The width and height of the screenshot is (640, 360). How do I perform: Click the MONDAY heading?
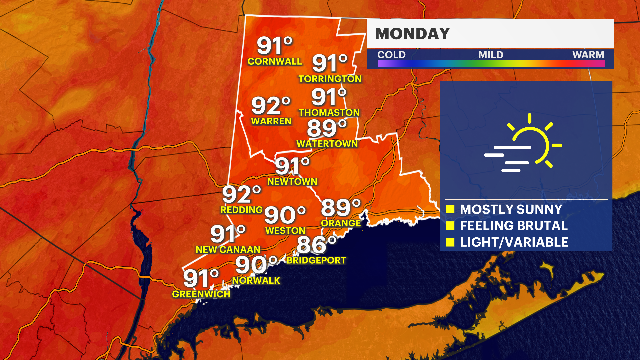[x=412, y=34]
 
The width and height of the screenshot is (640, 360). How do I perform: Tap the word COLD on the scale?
[x=391, y=55]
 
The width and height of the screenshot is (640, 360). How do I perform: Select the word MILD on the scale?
[x=491, y=55]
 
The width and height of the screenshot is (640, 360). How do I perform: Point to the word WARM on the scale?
[x=588, y=55]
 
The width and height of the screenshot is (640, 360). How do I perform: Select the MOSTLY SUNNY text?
[x=511, y=210]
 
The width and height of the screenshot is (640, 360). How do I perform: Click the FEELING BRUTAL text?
[x=514, y=226]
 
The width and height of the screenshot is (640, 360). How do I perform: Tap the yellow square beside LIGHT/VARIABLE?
[x=450, y=242]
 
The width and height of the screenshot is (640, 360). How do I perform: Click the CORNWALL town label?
[x=274, y=61]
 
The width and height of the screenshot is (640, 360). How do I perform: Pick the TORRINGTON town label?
[x=330, y=79]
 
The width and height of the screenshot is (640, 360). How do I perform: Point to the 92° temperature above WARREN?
[x=271, y=106]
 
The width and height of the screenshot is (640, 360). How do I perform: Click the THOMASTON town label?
[x=329, y=112]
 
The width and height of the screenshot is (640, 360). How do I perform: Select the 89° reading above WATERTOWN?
[x=327, y=128]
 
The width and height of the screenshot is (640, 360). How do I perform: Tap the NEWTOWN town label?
[x=292, y=182]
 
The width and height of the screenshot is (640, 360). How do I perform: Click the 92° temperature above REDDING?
[x=241, y=194]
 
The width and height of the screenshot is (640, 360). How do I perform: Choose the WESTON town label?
[x=285, y=230]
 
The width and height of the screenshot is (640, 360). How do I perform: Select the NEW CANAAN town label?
[x=228, y=249]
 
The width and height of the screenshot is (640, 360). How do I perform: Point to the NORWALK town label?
[x=256, y=280]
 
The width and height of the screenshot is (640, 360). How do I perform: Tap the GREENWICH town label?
[x=201, y=294]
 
